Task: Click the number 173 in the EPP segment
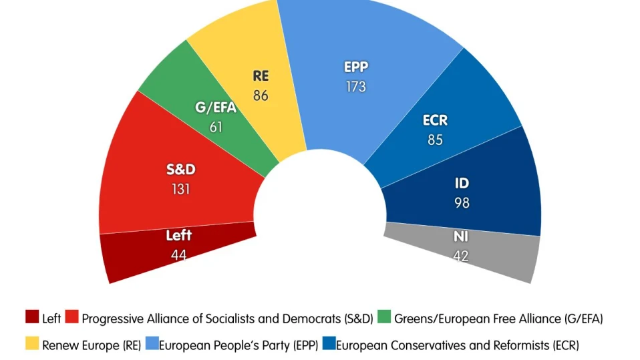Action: [x=356, y=87]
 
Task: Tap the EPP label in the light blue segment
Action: [x=356, y=67]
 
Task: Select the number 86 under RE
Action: [x=261, y=96]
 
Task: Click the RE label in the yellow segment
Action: [x=261, y=75]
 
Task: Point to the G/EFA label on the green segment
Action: [x=216, y=107]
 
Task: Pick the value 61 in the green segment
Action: [x=216, y=126]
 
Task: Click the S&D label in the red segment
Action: [x=180, y=170]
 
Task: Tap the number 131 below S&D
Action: [x=180, y=189]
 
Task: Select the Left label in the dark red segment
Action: [x=178, y=235]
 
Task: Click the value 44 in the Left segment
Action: [x=178, y=254]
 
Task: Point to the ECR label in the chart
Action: [x=435, y=122]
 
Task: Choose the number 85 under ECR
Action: [x=435, y=141]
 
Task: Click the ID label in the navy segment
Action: [x=462, y=183]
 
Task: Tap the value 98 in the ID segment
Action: [x=462, y=202]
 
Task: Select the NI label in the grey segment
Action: [x=461, y=236]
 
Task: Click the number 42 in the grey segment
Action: [x=461, y=255]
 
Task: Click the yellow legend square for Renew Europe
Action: [x=32, y=345]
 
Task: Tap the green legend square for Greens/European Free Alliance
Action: [x=384, y=318]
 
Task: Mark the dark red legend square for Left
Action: [x=32, y=318]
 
